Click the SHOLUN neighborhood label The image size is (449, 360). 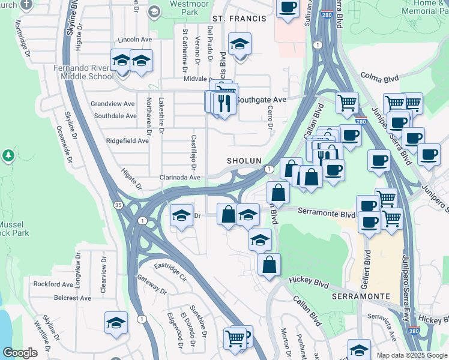tap(244, 161)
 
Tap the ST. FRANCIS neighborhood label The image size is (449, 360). tap(240, 19)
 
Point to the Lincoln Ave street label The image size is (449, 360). tap(135, 40)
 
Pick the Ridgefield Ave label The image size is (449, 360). tap(127, 141)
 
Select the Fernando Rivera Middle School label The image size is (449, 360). tap(82, 72)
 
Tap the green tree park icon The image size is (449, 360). tap(8, 157)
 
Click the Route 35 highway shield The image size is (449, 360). tap(119, 205)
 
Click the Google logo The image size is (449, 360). tap(20, 353)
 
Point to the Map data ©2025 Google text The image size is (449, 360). tap(411, 355)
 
